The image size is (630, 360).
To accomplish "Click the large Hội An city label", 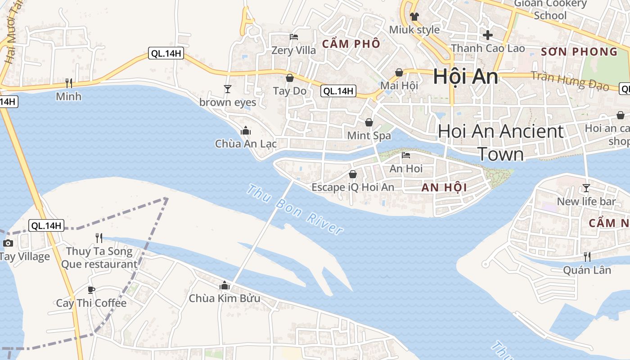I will click(465, 77).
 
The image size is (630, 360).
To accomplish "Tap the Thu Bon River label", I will click(295, 210).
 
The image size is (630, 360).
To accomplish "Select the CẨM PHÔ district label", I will click(351, 44).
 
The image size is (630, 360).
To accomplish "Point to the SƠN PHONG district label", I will click(579, 52).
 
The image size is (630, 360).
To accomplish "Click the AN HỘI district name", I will click(444, 188).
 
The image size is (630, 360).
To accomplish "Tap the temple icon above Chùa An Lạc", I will click(246, 131).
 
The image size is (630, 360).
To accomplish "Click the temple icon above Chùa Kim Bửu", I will click(224, 285).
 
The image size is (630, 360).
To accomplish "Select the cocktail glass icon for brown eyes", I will click(228, 89).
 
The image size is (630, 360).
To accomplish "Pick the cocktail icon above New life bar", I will click(586, 188).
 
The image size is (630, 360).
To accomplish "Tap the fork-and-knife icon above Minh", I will click(69, 83).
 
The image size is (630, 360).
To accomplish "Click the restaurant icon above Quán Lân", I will click(587, 257).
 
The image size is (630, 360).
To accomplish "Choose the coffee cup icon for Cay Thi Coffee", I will click(91, 290).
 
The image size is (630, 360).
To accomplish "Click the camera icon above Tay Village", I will click(8, 243).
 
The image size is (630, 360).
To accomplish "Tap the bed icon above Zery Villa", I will click(294, 37).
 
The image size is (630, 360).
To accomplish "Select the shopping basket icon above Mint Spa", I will click(369, 122).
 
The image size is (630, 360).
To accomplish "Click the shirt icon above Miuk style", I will click(414, 17).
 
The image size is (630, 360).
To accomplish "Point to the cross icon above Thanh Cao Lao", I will click(488, 35).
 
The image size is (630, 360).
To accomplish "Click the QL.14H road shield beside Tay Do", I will click(338, 91).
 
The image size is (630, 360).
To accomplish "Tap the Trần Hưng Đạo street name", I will click(570, 81).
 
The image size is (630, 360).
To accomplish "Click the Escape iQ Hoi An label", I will click(353, 187).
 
